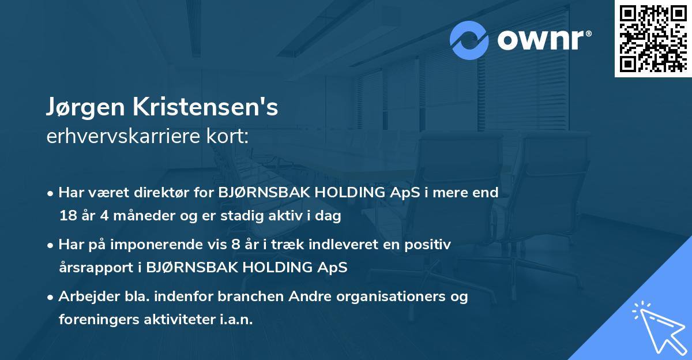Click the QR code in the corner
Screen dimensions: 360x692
coord(653,38)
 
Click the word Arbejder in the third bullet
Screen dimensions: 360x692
coord(84,297)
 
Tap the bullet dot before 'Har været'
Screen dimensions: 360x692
coord(51,193)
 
